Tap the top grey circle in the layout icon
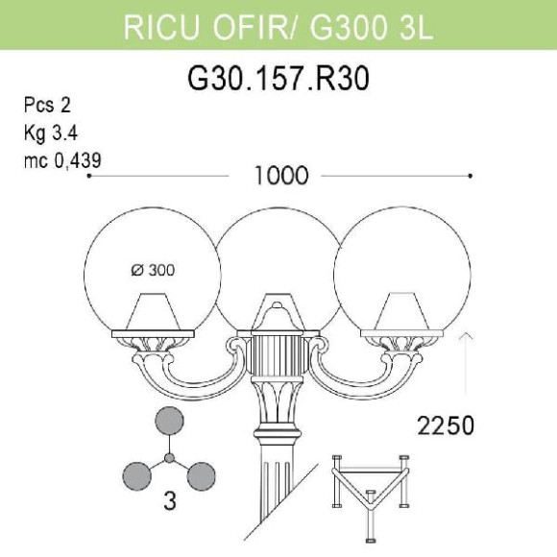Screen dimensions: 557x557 click(170, 423)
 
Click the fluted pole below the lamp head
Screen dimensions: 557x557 click(278, 499)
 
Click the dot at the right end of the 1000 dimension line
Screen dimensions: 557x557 click(470, 176)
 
